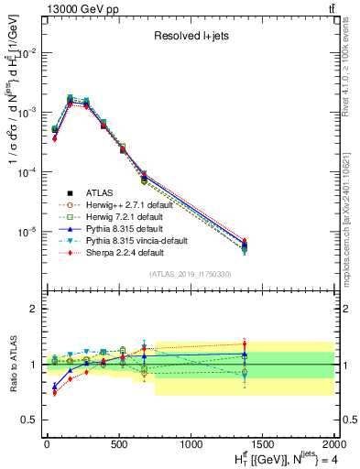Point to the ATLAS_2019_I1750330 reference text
190,274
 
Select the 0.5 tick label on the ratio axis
32,420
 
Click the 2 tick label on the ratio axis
35,310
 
